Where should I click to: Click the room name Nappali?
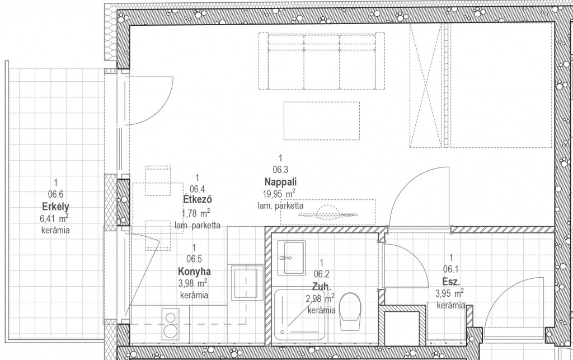click(280, 181)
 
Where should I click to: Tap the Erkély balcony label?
click(55, 207)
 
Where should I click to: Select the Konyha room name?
click(194, 272)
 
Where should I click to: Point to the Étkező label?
click(198, 199)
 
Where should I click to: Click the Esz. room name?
click(451, 282)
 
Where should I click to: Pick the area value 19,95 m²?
click(279, 193)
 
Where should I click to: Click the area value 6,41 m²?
click(55, 219)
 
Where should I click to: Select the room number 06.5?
click(194, 259)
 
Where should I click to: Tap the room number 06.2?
click(322, 274)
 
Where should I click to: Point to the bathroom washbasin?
click(291, 258)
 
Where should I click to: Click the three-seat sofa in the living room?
click(322, 61)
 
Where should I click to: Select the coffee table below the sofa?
click(322, 120)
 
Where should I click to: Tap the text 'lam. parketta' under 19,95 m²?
click(280, 205)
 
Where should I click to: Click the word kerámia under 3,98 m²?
click(194, 295)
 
